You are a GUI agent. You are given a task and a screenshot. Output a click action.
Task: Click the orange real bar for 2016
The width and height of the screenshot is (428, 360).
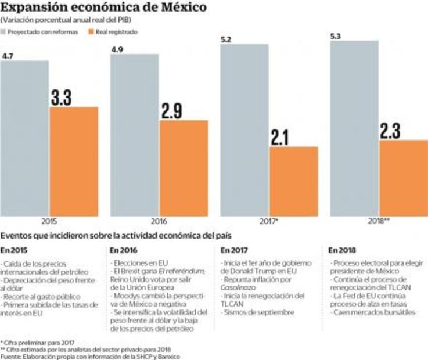[x=184, y=168]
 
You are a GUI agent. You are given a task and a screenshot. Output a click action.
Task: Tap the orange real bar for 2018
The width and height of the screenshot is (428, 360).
[x=403, y=178]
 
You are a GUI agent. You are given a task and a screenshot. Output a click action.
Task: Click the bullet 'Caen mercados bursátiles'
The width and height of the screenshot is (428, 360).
[x=366, y=312]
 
